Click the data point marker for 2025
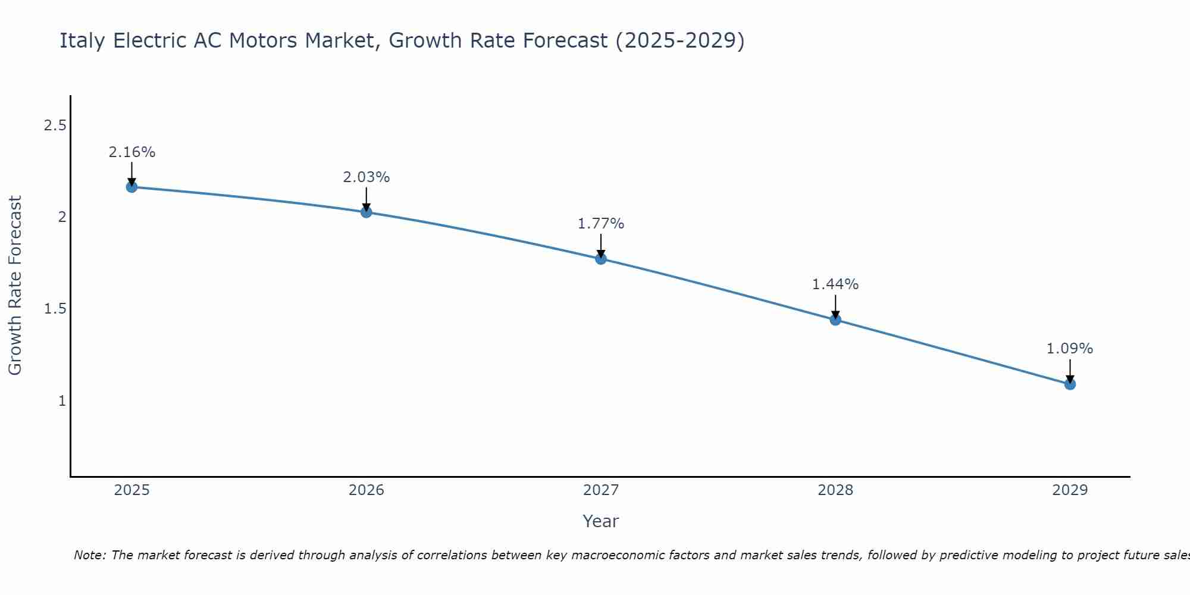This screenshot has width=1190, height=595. [x=131, y=187]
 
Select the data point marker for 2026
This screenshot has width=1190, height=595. [x=366, y=212]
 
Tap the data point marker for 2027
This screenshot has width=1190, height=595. [x=600, y=258]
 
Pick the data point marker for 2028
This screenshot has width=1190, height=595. [x=835, y=320]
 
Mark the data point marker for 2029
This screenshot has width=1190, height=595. [x=1070, y=384]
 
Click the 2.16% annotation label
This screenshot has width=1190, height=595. [x=131, y=152]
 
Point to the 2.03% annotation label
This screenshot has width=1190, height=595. [x=366, y=177]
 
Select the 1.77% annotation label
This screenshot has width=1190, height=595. [x=600, y=224]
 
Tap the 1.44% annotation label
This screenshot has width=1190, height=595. [x=835, y=284]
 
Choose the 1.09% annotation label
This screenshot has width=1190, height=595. [x=1070, y=349]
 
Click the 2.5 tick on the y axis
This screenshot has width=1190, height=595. [x=55, y=126]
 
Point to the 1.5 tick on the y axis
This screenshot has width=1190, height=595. [x=55, y=309]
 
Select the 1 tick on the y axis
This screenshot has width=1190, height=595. [x=62, y=401]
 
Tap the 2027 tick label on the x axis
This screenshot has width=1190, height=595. [x=600, y=490]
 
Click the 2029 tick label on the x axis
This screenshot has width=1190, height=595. [x=1070, y=490]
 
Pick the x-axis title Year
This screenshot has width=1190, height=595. [x=600, y=521]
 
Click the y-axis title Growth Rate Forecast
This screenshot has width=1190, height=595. [x=15, y=286]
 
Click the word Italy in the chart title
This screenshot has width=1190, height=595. [x=83, y=41]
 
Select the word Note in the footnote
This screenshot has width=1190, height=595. [x=89, y=555]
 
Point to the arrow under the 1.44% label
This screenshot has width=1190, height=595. [x=835, y=306]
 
